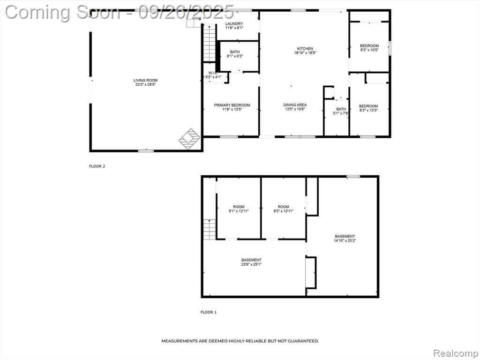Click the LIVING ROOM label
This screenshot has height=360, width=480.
point(145,80)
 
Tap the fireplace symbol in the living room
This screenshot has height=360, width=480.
point(190,139)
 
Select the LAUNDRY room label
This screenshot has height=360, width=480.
point(234,23)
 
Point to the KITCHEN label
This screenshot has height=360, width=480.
point(305,48)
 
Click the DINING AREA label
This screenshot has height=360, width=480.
point(295,105)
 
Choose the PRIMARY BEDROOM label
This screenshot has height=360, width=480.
point(232,105)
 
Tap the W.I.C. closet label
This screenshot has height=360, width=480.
point(213,73)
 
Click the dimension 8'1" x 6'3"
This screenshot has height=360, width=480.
point(235,56)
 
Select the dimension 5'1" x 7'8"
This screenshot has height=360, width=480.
point(341,113)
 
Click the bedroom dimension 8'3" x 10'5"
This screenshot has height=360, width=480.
point(369,50)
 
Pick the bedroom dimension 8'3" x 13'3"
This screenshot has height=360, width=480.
point(368,110)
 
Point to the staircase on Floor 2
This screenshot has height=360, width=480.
point(210,43)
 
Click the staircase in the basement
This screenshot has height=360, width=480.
point(210,230)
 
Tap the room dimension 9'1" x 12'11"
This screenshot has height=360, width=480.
point(239,211)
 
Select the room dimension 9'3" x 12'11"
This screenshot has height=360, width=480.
point(284,211)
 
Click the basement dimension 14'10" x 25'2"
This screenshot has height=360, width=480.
point(345,240)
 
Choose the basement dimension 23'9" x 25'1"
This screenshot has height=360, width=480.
point(251,264)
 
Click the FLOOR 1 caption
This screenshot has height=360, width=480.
point(209,312)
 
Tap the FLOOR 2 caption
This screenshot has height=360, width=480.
point(97,166)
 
